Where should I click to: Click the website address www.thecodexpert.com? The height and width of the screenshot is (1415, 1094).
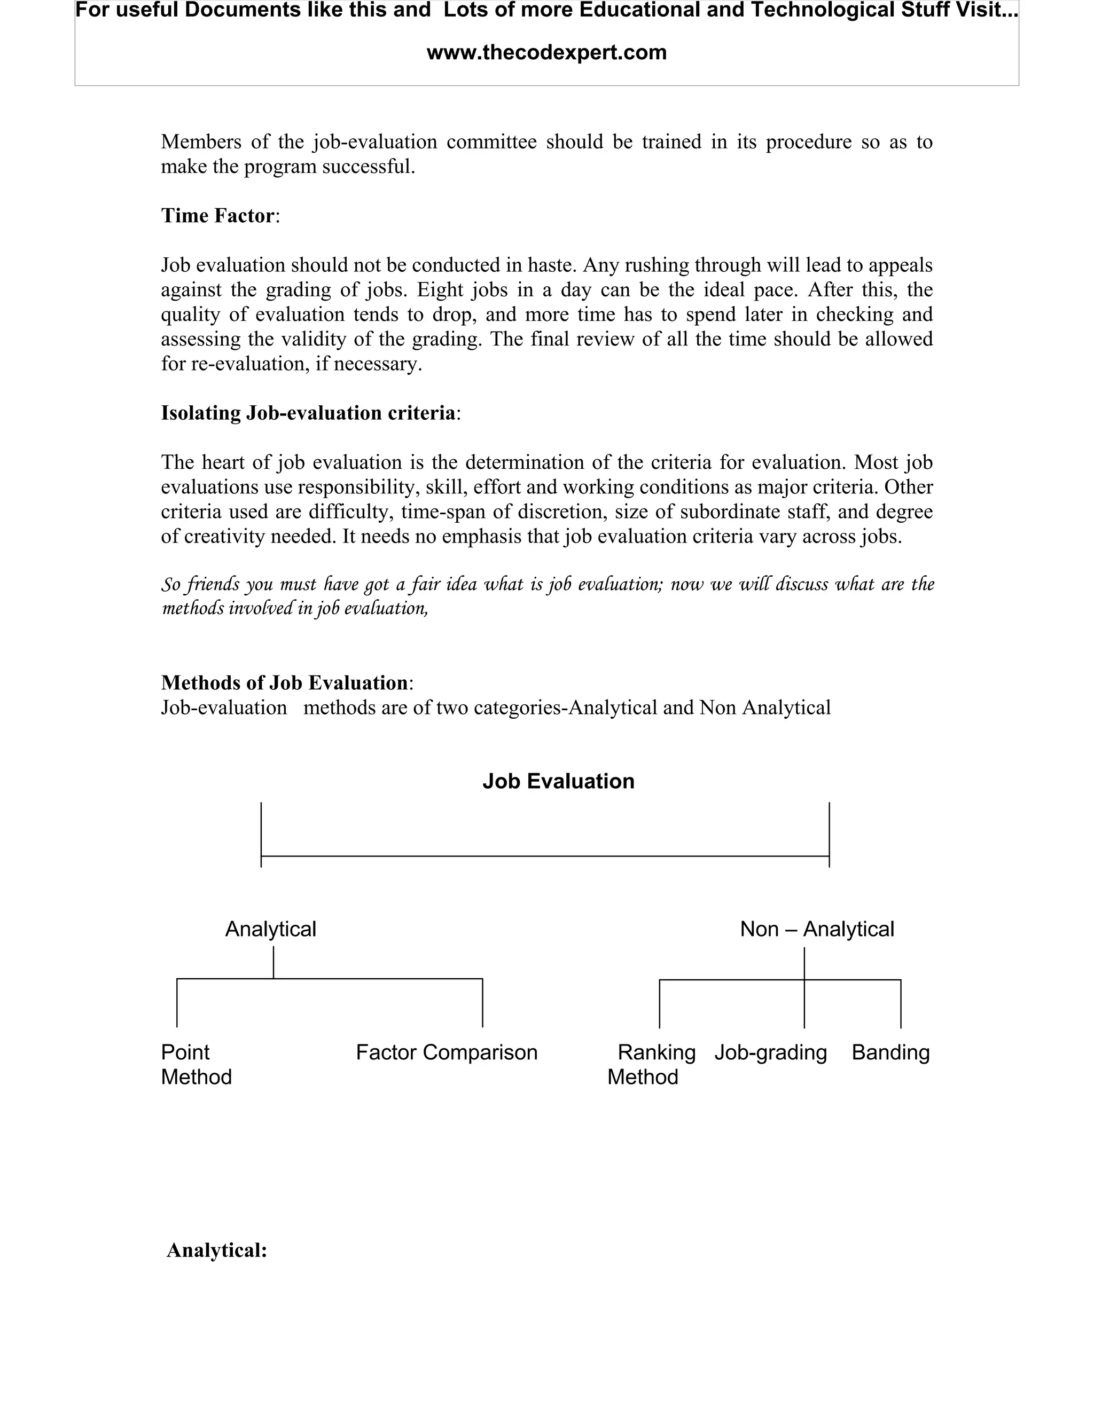coord(546,52)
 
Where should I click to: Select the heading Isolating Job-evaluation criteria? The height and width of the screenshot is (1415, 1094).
coord(308,413)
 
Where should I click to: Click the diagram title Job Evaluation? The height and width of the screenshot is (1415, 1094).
coord(558,781)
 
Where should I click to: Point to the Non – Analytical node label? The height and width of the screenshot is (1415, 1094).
coord(817,929)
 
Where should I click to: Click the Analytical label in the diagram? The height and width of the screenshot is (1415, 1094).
coord(270,929)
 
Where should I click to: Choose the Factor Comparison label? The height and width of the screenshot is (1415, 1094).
coord(447,1052)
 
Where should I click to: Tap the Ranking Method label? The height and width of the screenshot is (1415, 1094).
coord(651,1065)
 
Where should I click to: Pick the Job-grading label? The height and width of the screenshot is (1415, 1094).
coord(771,1052)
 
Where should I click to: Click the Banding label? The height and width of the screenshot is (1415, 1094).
coord(890,1052)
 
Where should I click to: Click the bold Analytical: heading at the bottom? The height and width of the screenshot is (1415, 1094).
coord(217,1250)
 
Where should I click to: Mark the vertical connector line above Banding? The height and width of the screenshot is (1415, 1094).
coord(901,1004)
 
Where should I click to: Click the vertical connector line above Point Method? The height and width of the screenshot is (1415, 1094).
coord(177,1003)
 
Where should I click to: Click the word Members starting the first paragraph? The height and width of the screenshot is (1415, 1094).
coord(201,142)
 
